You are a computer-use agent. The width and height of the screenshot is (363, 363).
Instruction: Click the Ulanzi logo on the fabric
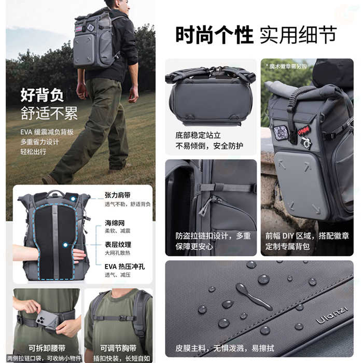331,315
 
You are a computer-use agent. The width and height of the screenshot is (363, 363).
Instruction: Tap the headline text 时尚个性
214,35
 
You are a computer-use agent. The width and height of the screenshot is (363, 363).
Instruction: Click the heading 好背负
42,95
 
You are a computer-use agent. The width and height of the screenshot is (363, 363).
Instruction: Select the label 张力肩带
118,195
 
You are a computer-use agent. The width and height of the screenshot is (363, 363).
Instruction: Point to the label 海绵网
115,223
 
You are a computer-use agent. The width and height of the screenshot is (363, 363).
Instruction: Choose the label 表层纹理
118,244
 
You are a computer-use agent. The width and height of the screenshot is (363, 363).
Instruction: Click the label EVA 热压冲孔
124,267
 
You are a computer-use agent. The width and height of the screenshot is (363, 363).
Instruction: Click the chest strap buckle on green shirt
123,318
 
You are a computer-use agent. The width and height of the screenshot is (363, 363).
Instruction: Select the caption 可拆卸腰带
47,348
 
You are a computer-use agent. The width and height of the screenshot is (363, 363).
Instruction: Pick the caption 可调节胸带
118,348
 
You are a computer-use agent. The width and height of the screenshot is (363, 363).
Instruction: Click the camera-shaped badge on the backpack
306,143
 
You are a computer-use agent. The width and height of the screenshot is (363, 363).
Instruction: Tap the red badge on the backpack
303,130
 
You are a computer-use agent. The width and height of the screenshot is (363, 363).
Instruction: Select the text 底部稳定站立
198,135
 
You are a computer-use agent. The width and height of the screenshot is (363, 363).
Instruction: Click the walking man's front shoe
49,179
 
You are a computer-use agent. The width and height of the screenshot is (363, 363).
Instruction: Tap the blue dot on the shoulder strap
73,199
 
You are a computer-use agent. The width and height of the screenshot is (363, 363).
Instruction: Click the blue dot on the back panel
65,245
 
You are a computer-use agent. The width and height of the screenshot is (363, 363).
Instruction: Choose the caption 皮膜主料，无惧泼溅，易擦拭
225,348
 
